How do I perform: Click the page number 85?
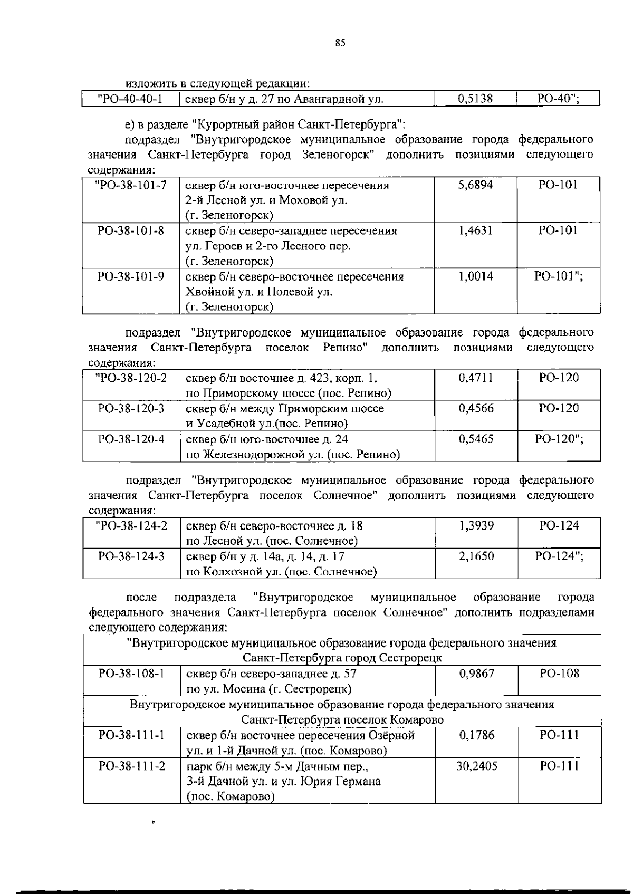coord(340,43)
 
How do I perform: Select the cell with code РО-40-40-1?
coord(130,99)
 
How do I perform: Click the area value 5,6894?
coord(476,185)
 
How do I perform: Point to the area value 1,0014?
coord(476,276)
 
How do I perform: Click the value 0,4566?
coord(476,408)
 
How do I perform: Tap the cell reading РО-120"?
coord(559,439)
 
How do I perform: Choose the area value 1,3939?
coord(476,525)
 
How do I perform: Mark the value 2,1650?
coord(476,556)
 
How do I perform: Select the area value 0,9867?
coord(476,674)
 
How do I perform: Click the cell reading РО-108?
coord(559,674)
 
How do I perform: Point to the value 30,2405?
coord(476,766)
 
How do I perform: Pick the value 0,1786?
coord(476,735)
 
